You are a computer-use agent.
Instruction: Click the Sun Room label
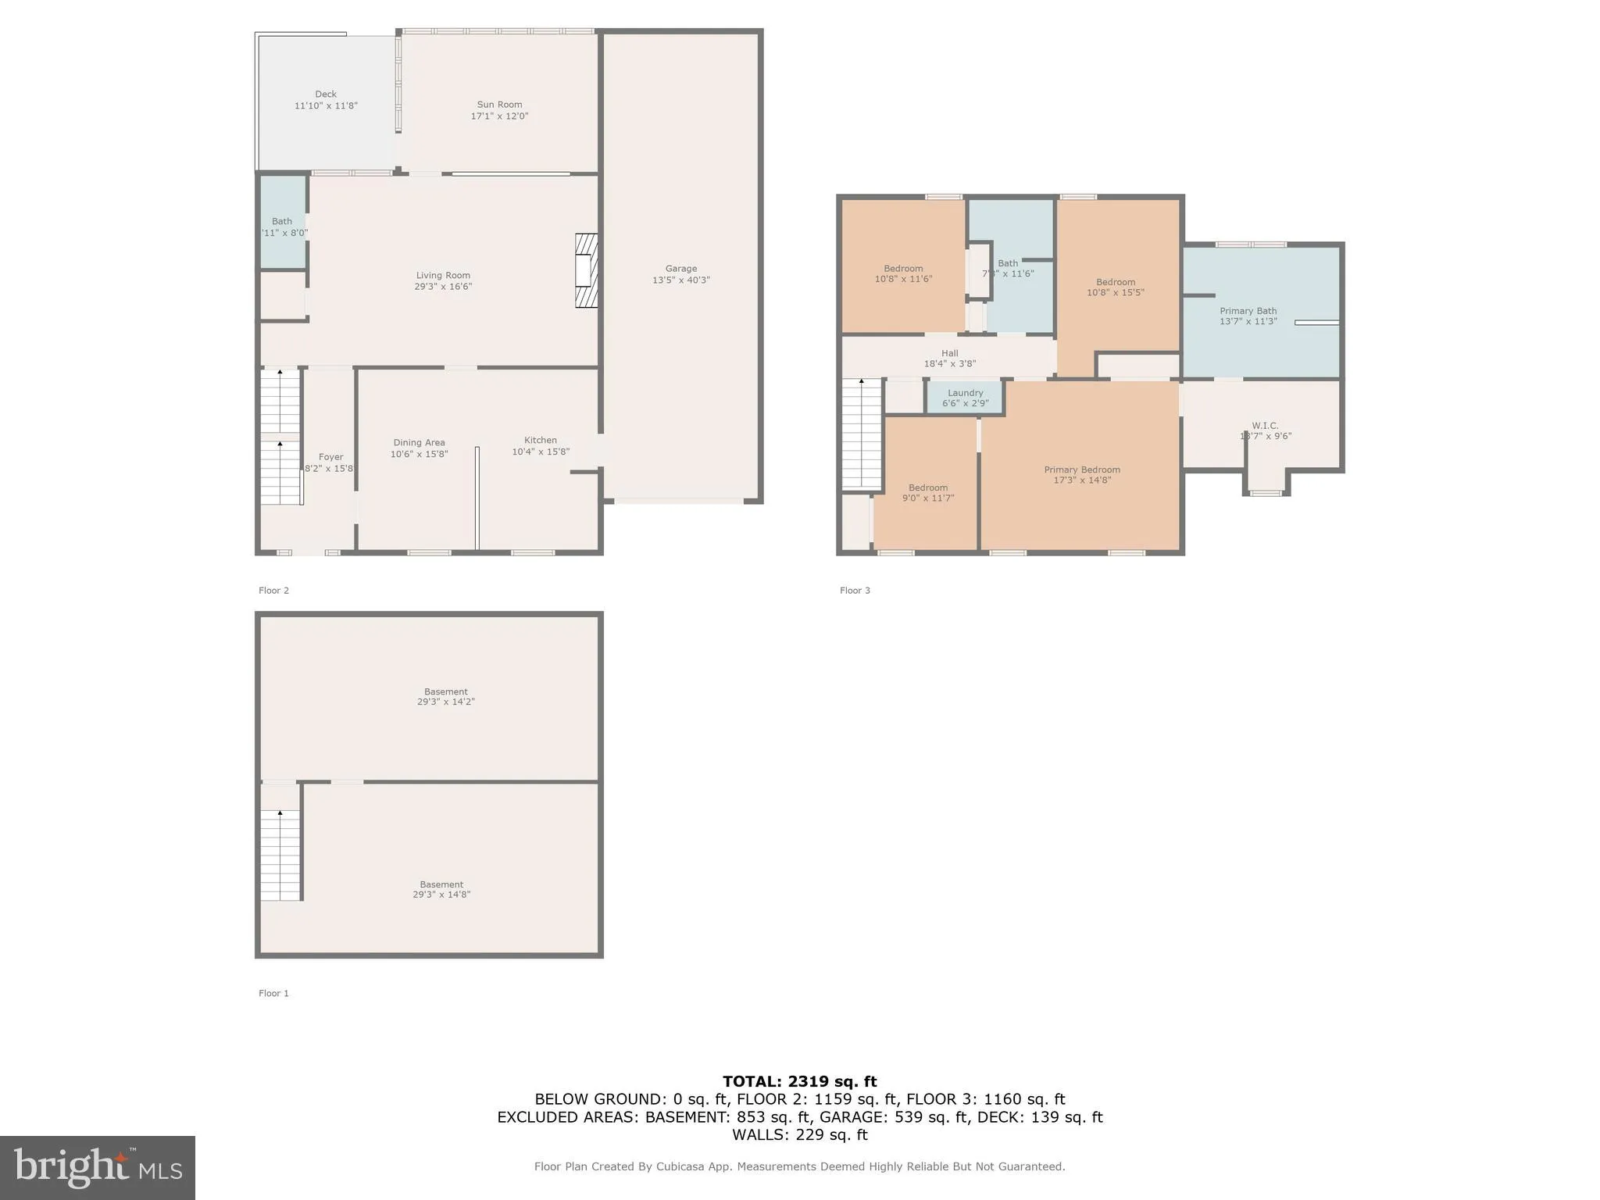coord(499,104)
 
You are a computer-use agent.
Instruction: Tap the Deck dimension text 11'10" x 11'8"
coord(326,105)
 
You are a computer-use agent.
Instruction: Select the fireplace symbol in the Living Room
coord(586,270)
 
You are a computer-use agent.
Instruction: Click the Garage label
coord(680,268)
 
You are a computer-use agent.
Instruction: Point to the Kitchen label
coord(540,440)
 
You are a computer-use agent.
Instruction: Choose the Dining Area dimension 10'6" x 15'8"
coord(419,454)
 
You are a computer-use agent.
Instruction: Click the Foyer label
coord(330,457)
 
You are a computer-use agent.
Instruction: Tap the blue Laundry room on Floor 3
coord(965,398)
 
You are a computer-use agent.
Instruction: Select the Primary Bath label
coord(1248,310)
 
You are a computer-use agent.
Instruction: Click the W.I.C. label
coord(1264,426)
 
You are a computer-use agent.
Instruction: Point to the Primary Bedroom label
coord(1082,470)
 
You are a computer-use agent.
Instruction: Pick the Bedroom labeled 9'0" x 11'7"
coord(927,493)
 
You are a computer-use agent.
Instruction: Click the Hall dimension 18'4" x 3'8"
coord(949,363)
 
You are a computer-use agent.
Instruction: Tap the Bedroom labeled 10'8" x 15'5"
coord(1115,287)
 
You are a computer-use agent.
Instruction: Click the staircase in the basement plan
coord(280,855)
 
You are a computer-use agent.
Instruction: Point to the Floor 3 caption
coord(855,591)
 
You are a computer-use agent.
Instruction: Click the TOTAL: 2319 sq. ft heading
coord(799,1081)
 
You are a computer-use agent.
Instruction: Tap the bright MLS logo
coord(97,1167)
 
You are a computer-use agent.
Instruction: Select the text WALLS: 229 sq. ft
coord(799,1134)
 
